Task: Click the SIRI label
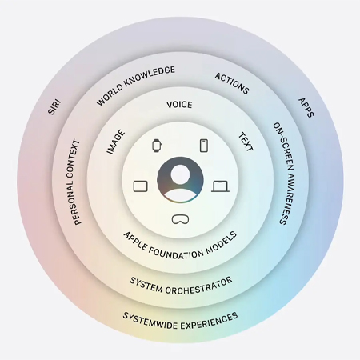pos(54,107)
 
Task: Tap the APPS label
pos(306,108)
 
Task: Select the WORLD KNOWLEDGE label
pos(135,86)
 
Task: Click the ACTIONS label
pos(232,83)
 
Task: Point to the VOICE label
pos(179,105)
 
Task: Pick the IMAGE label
pos(116,142)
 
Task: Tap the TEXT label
pos(246,142)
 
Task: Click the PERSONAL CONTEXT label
pos(74,182)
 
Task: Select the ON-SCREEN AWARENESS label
pos(284,174)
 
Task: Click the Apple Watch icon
pos(157,146)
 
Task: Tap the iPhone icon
pos(204,146)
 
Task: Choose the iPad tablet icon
pos(141,186)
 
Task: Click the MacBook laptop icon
pos(220,186)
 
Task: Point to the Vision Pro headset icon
pos(180,219)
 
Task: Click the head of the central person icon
pos(180,174)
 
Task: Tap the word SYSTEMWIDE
pos(150,322)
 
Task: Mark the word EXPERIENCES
pos(210,322)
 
